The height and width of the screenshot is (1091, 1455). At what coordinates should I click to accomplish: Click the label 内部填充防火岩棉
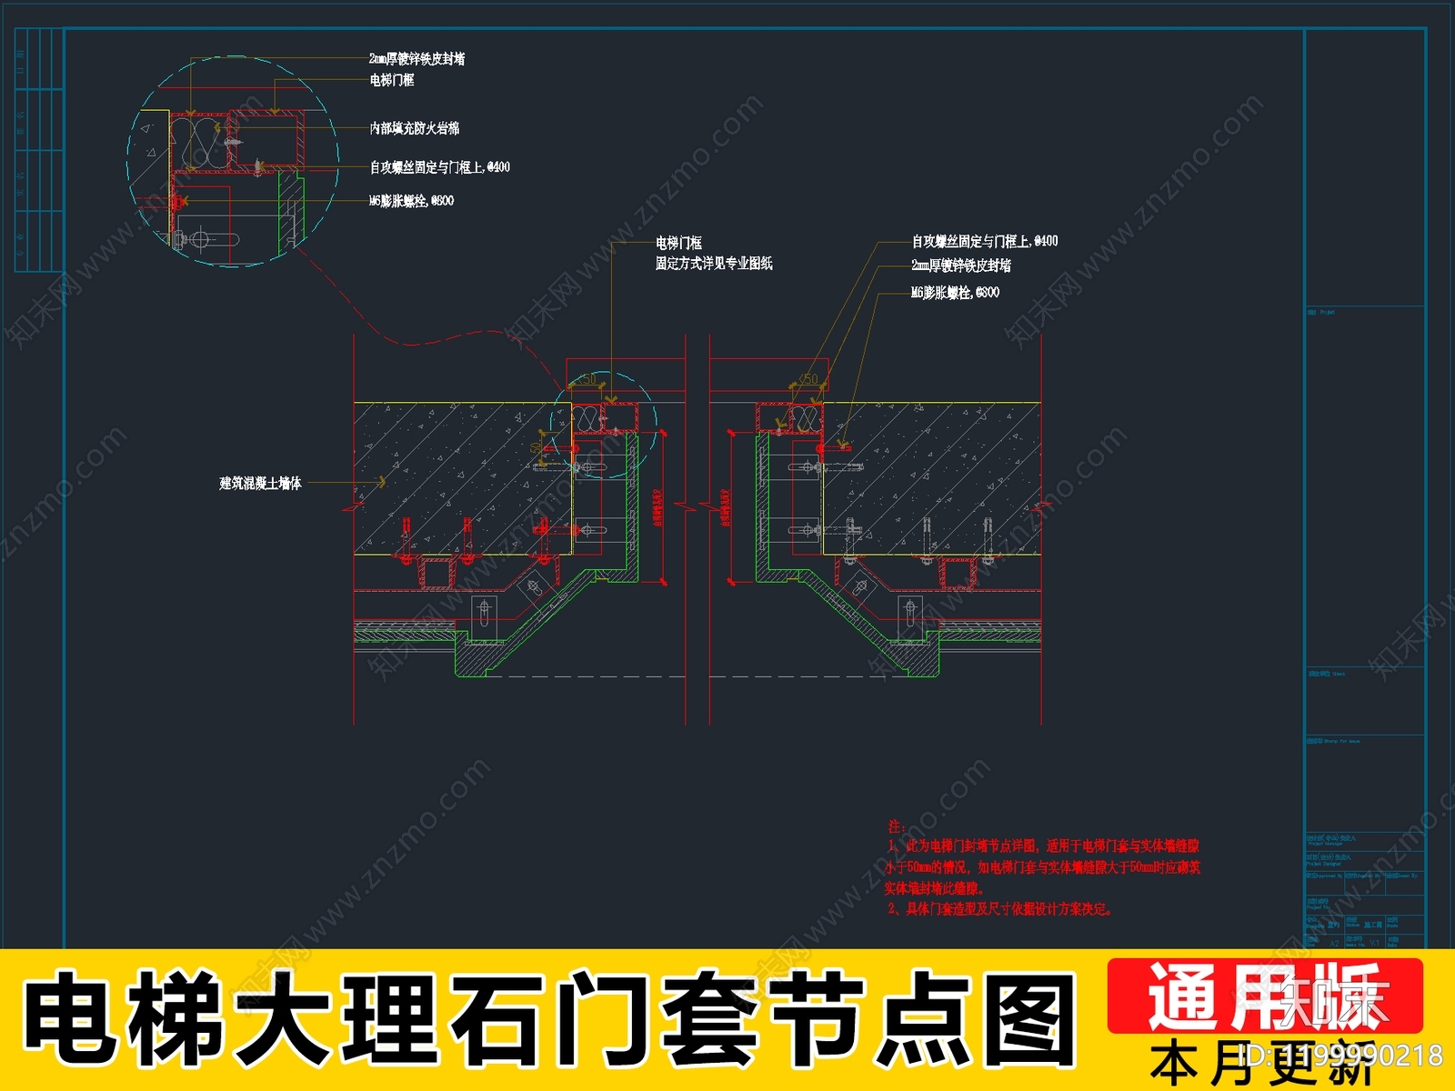tap(414, 128)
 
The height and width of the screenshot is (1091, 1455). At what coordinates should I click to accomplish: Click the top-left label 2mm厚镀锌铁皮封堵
tap(416, 59)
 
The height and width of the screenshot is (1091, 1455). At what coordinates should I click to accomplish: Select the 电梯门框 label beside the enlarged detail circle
tap(391, 80)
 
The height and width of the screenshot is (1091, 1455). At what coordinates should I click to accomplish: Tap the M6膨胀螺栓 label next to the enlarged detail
tap(411, 201)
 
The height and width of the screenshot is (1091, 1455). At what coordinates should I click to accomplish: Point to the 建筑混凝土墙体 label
tap(260, 484)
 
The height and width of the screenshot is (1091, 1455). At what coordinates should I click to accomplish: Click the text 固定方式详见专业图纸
tap(714, 264)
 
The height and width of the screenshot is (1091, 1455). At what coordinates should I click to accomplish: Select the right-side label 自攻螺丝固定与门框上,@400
tap(985, 241)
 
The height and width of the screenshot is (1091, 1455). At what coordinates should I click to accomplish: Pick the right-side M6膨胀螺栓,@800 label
tap(955, 293)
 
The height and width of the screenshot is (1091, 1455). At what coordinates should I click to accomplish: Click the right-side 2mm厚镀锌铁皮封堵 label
tap(961, 265)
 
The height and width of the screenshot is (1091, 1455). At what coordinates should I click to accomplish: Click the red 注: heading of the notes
tap(896, 826)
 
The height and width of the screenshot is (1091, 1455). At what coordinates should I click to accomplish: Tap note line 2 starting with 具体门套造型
tap(999, 909)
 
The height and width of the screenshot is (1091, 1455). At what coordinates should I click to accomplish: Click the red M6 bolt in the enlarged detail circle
tap(180, 201)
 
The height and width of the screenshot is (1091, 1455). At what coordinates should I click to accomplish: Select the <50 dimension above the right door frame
tap(807, 379)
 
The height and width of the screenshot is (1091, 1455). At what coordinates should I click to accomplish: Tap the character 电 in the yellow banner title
tap(68, 1018)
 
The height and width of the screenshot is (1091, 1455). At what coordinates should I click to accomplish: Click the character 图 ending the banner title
tap(1030, 1018)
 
